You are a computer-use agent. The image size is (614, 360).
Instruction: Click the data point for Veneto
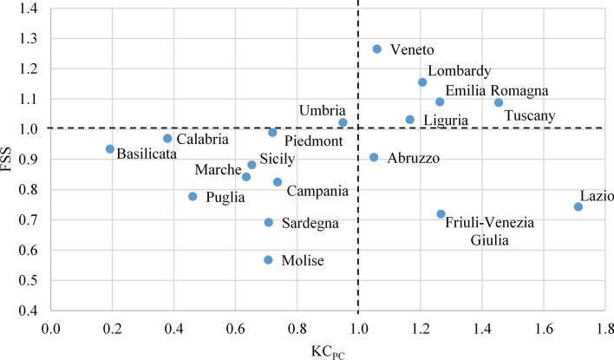click(x=377, y=49)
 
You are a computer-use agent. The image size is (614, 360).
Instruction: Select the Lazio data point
click(x=578, y=206)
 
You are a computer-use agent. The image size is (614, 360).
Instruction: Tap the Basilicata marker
click(x=110, y=149)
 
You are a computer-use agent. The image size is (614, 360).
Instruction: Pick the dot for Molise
click(x=268, y=260)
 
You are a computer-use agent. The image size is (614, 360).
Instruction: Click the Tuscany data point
click(x=499, y=102)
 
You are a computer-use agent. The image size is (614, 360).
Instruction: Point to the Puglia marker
click(x=193, y=197)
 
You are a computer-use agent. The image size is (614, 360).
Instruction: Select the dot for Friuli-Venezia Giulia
click(x=441, y=214)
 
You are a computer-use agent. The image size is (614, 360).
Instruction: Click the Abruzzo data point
click(x=374, y=158)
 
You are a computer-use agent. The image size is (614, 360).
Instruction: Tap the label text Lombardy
click(x=460, y=71)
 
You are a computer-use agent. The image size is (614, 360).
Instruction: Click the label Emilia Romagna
click(x=496, y=91)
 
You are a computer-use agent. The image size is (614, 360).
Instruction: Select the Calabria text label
click(x=202, y=139)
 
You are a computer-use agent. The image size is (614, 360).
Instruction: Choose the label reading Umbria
click(x=323, y=111)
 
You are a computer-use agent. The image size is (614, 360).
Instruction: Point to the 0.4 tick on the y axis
click(x=32, y=311)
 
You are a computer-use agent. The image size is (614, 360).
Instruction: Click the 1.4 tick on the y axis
click(x=32, y=9)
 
